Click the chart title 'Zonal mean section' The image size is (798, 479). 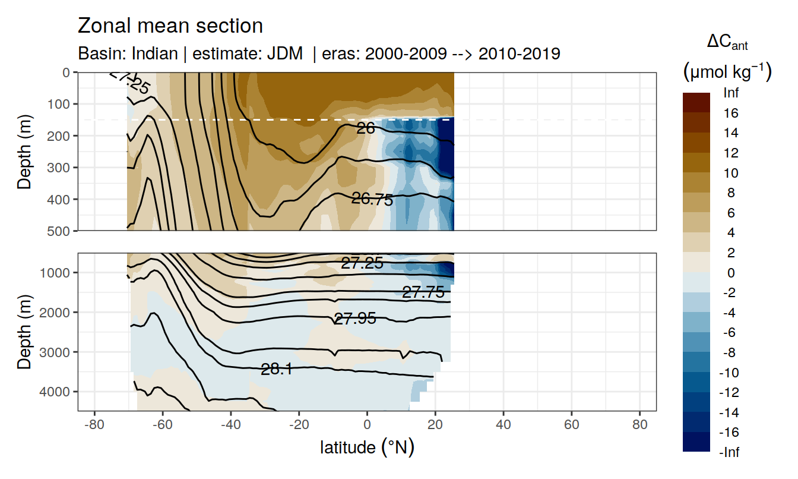coord(170,26)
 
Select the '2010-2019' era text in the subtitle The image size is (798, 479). coord(520,53)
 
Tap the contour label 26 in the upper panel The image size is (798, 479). coord(366,127)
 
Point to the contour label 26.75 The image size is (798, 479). coord(372,200)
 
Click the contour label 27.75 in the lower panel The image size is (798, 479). coord(423,292)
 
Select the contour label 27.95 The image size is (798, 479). coord(355,319)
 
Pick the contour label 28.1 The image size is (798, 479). coord(277,370)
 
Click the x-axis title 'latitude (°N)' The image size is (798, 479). coord(367,447)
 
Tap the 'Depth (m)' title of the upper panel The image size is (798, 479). coord(24,152)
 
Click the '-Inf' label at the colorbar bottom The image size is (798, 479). coord(730,452)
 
